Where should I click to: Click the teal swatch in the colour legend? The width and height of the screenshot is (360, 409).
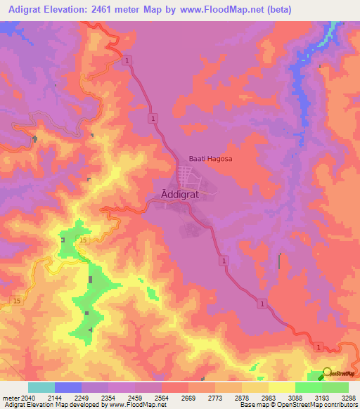[41, 387]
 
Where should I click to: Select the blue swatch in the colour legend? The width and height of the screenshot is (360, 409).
[68, 387]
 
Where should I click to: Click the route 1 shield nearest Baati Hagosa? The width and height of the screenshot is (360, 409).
[153, 119]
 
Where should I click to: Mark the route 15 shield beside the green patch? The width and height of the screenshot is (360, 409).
[83, 241]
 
